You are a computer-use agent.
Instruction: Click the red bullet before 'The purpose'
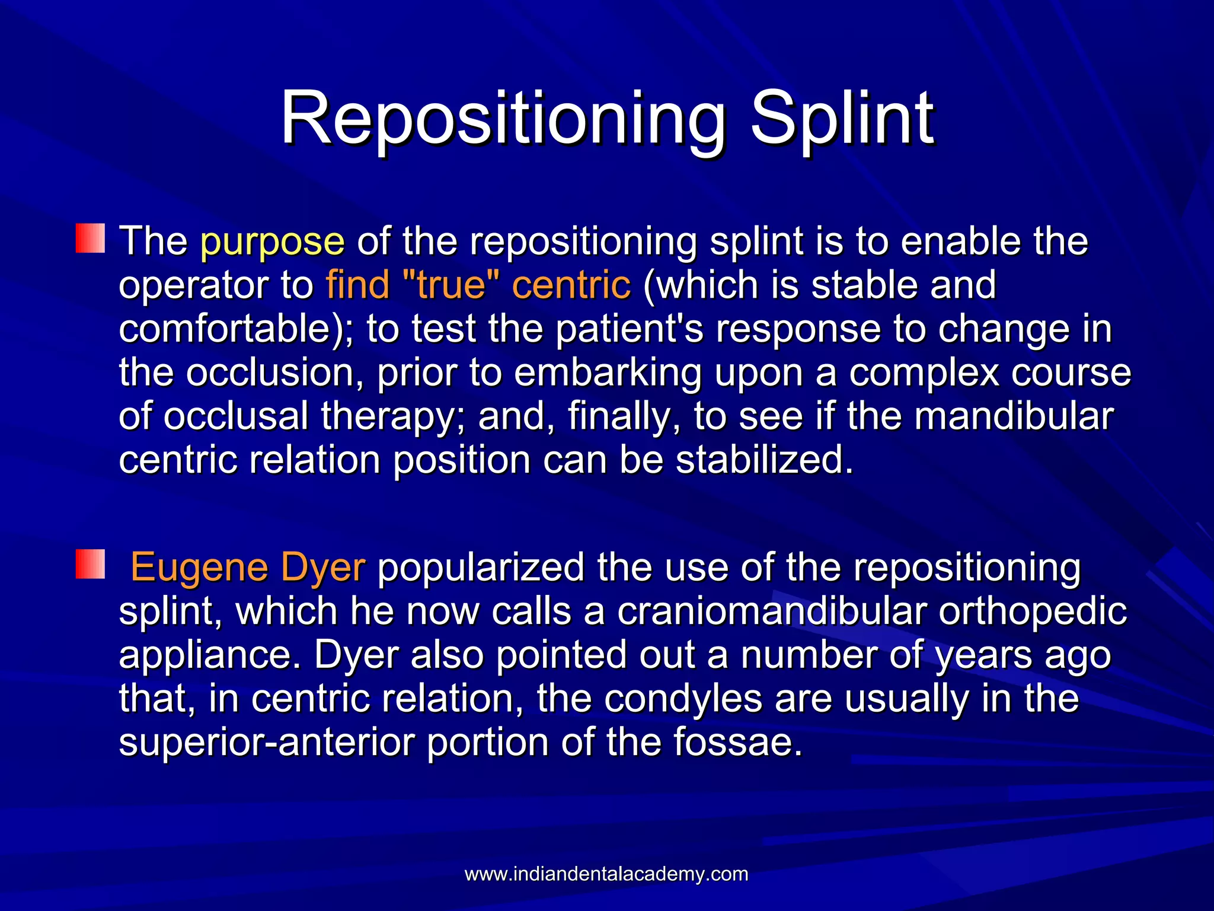(90, 238)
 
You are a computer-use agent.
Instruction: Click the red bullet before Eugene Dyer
(90, 564)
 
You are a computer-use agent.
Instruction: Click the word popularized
(481, 568)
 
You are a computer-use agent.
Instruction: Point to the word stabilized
(764, 460)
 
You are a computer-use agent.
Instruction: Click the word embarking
(608, 373)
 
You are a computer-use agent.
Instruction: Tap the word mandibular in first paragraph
(1014, 416)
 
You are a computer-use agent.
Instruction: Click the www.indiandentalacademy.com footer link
(606, 874)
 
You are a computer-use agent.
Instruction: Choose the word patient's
(629, 329)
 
